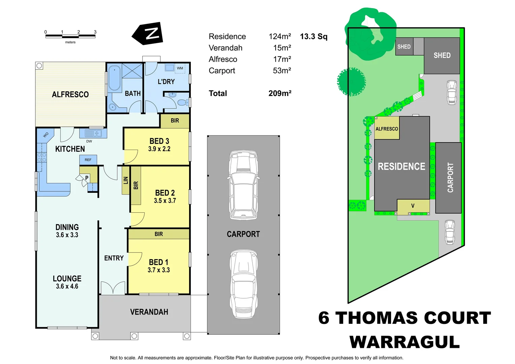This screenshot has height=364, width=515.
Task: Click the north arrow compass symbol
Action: pyautogui.click(x=148, y=34)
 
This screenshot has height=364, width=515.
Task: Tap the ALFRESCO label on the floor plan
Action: pyautogui.click(x=70, y=95)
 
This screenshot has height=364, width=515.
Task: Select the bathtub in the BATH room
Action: pyautogui.click(x=114, y=78)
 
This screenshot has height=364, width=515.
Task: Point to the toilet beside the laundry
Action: pyautogui.click(x=182, y=102)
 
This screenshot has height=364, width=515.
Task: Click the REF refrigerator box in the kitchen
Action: pyautogui.click(x=88, y=160)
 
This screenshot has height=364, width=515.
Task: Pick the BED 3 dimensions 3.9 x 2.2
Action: pyautogui.click(x=159, y=149)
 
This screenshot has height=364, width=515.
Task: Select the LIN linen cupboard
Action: pyautogui.click(x=126, y=180)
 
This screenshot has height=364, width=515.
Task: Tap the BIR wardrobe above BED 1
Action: pyautogui.click(x=158, y=234)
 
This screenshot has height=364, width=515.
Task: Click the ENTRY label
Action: pyautogui.click(x=114, y=258)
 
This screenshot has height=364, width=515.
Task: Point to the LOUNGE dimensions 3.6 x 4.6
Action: pyautogui.click(x=67, y=286)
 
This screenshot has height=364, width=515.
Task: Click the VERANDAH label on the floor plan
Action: pyautogui.click(x=149, y=312)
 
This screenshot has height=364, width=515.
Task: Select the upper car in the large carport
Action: pyautogui.click(x=243, y=185)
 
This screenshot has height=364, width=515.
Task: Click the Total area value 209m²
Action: pyautogui.click(x=280, y=93)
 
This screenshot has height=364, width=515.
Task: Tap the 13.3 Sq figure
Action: pyautogui.click(x=313, y=36)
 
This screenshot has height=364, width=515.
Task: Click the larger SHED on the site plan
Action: pyautogui.click(x=442, y=56)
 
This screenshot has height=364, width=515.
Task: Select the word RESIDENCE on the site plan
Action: pyautogui.click(x=401, y=166)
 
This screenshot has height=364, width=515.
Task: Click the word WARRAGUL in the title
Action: pyautogui.click(x=404, y=342)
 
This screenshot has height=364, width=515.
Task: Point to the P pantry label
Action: pyautogui.click(x=87, y=178)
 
